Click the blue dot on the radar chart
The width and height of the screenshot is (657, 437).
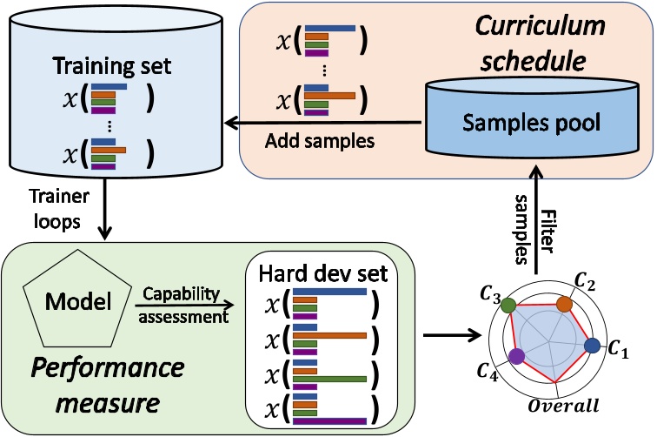[x=594, y=346]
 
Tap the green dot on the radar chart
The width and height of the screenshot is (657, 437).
[x=510, y=306]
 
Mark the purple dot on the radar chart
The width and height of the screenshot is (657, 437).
[x=517, y=355]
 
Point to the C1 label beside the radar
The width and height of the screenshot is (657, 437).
[x=617, y=350]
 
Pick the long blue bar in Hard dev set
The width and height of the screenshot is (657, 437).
[x=331, y=292]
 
